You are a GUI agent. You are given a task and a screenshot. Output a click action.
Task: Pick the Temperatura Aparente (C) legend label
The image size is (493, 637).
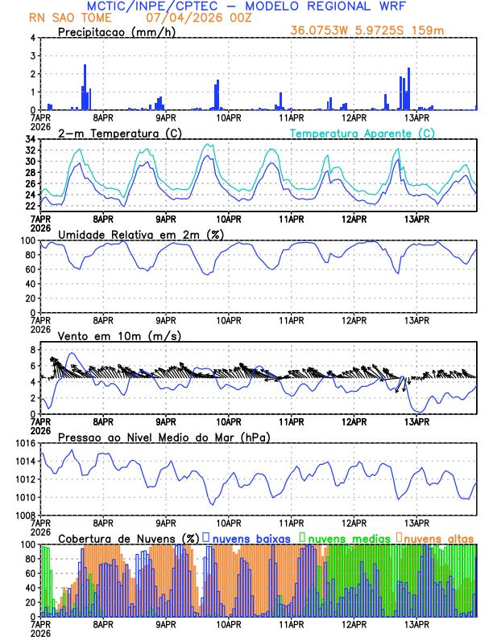pyautogui.click(x=362, y=133)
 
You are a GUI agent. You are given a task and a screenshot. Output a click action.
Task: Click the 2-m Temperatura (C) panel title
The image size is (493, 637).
pyautogui.click(x=114, y=133)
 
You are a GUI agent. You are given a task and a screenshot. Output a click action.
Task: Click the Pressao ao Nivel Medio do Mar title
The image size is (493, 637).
pyautogui.click(x=164, y=437)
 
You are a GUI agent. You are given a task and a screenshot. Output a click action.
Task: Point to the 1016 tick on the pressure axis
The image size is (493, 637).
pyautogui.click(x=25, y=443)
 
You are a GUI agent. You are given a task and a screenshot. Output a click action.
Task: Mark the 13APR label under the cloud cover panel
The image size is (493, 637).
pyautogui.click(x=416, y=623)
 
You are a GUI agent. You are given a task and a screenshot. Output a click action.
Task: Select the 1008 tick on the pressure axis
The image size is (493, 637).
pyautogui.click(x=25, y=515)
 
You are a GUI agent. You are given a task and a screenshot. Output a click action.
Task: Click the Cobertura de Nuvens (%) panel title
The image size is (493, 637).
pyautogui.click(x=129, y=538)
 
